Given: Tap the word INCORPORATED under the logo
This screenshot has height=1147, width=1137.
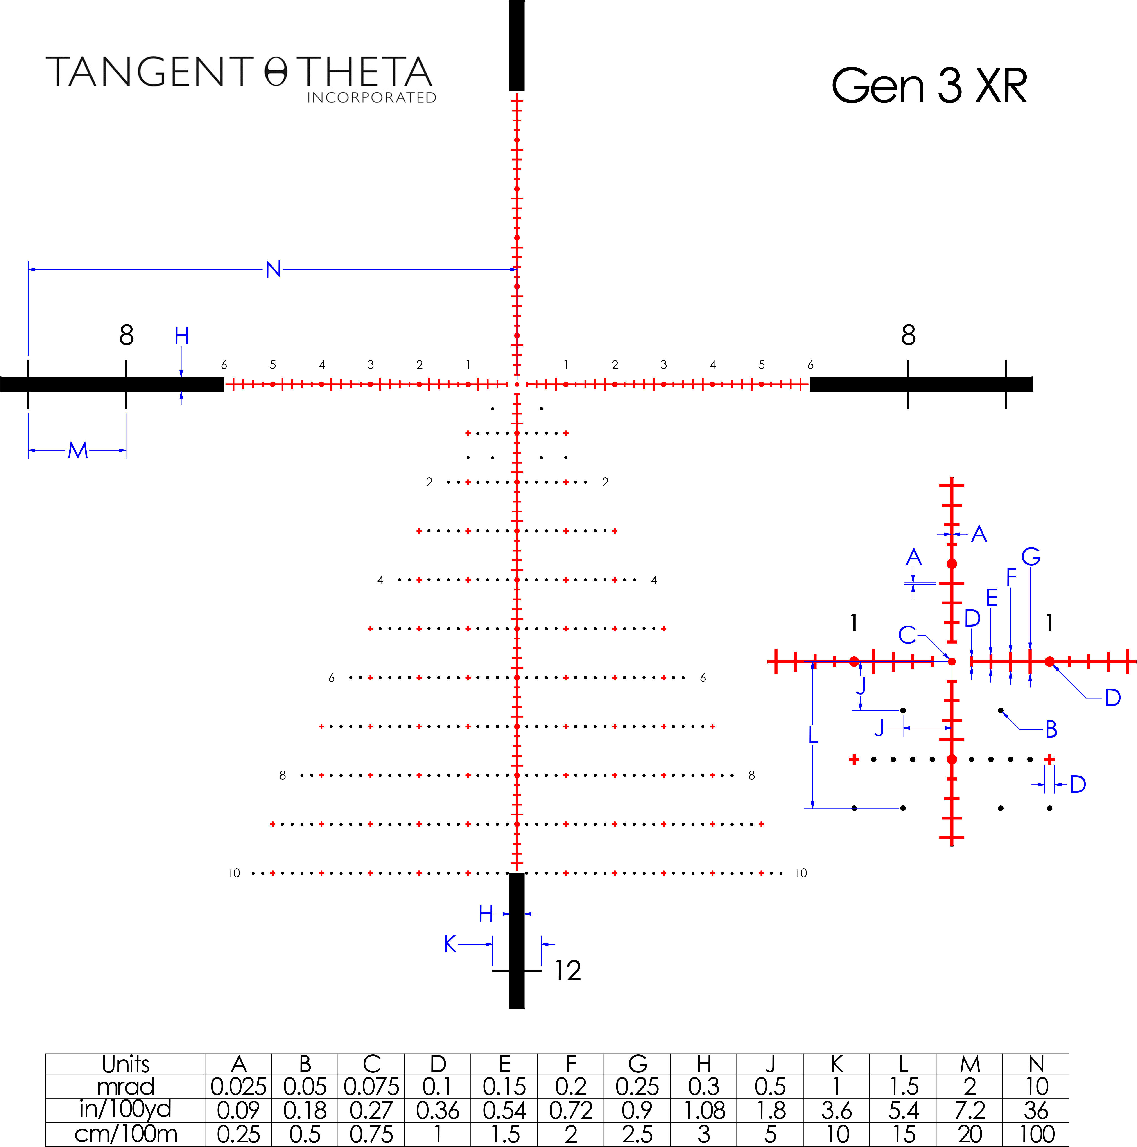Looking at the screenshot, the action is (x=372, y=97).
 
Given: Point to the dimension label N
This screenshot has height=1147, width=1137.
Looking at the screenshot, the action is (x=273, y=269).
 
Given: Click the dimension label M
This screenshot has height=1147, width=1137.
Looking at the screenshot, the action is (x=78, y=451).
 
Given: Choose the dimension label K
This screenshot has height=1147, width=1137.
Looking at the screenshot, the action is (x=450, y=944).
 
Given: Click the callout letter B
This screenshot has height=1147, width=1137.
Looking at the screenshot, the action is (x=1051, y=730).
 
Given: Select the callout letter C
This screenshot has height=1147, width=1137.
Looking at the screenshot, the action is (x=907, y=635).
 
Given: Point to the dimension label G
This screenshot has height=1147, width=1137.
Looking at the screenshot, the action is (x=1031, y=557).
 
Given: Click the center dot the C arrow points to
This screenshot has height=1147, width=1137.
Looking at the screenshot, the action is (x=952, y=661).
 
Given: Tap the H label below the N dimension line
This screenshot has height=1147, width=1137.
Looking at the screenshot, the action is (x=182, y=336).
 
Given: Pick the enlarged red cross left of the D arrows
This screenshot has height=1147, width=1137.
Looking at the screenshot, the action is (x=1050, y=759).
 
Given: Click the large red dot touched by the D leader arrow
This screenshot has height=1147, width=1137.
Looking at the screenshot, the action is (x=1050, y=661).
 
